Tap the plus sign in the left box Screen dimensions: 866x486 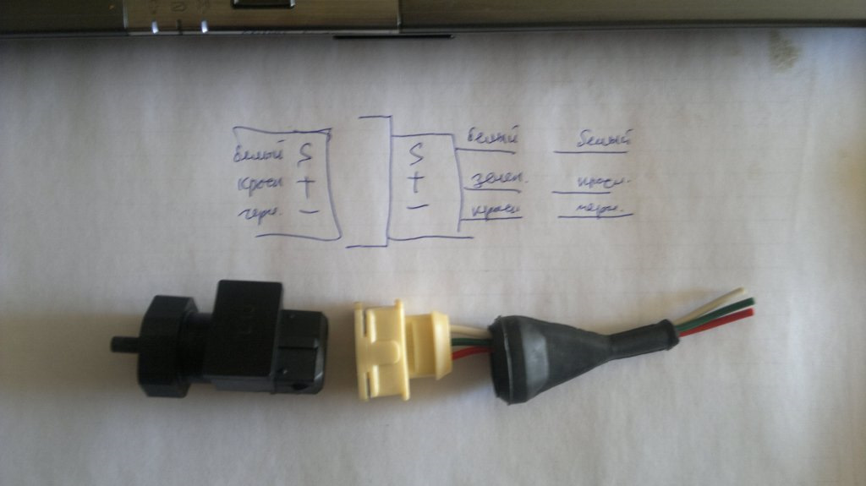[308, 181]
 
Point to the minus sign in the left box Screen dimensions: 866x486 [309, 210]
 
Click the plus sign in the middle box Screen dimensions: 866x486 [415, 179]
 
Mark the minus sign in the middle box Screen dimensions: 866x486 [417, 205]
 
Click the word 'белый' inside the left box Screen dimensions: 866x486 [257, 155]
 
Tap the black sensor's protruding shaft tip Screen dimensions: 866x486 [118, 343]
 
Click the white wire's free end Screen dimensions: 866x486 [740, 291]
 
